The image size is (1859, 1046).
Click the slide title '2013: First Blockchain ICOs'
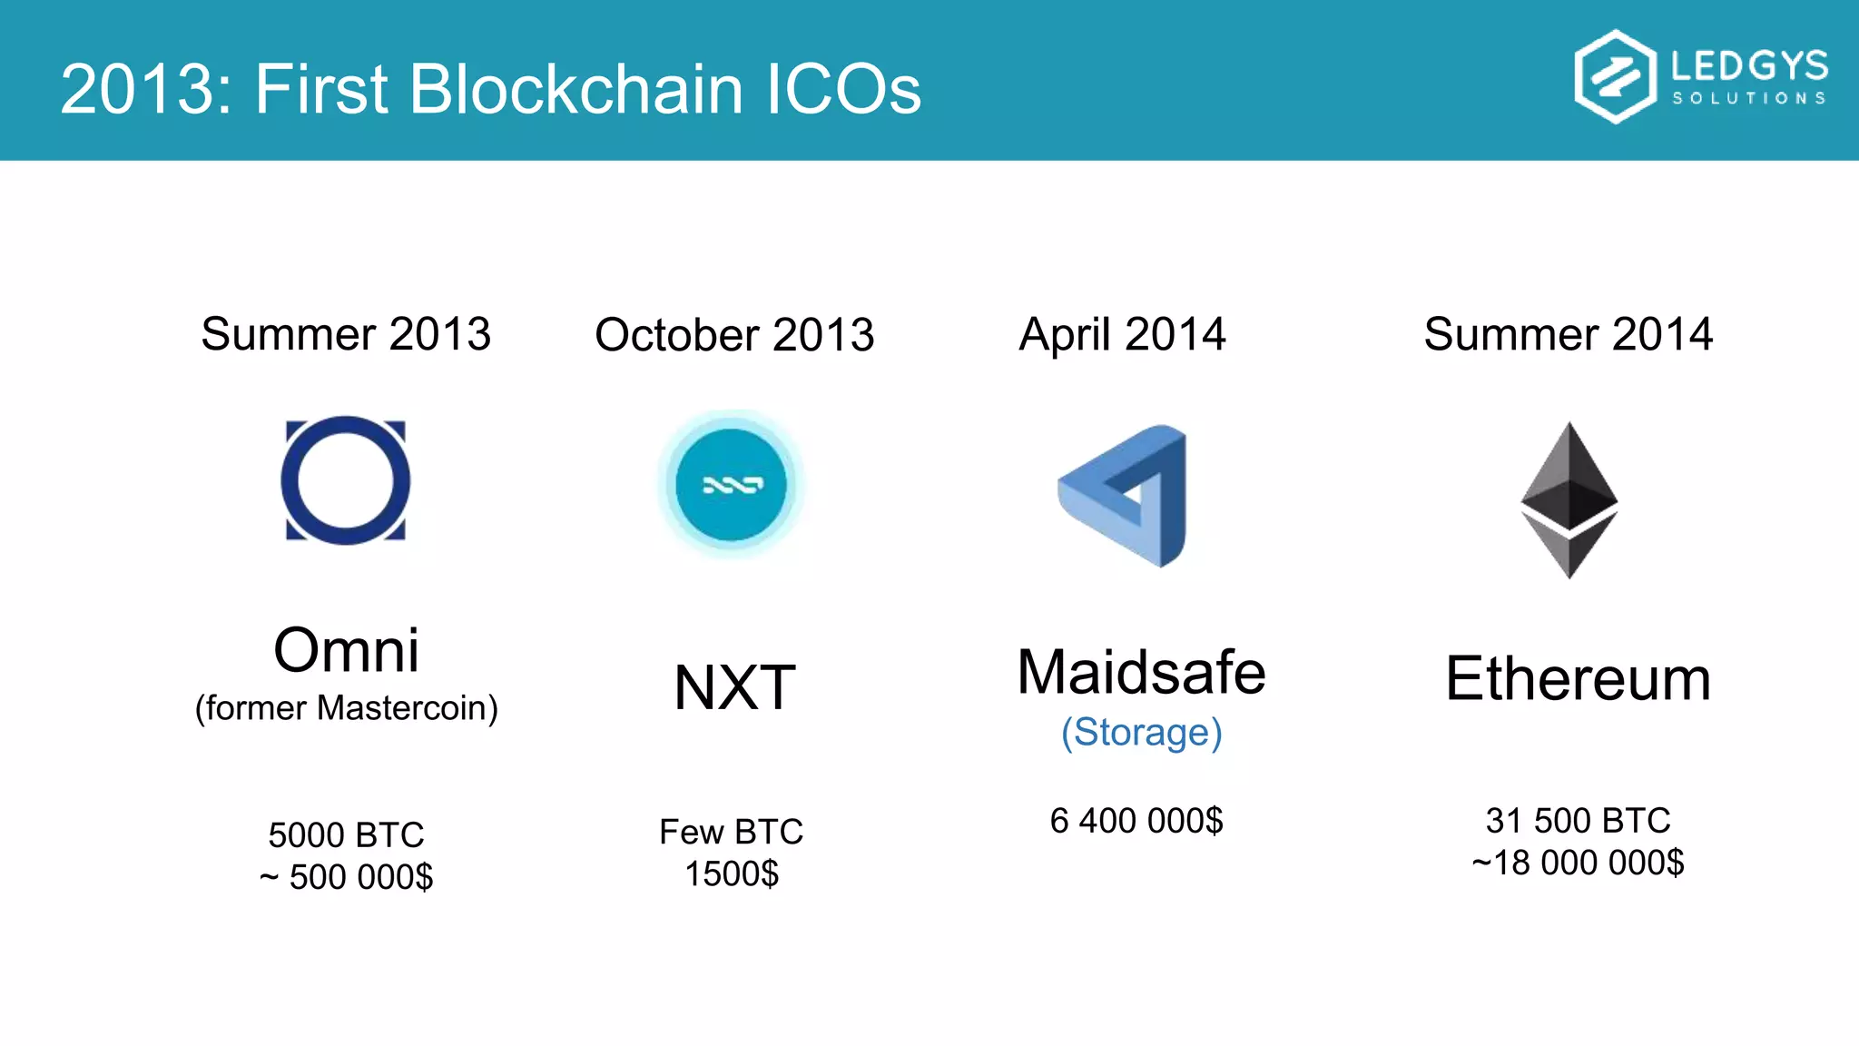tap(490, 89)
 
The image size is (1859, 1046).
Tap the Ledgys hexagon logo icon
tap(1615, 76)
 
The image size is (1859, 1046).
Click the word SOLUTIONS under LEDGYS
tap(1749, 98)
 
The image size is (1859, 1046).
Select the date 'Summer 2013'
tap(346, 334)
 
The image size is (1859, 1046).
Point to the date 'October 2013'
tap(734, 335)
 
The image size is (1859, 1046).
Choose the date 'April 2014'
tap(1123, 334)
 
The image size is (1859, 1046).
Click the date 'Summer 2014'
tap(1568, 334)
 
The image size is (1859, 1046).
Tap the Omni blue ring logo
tap(346, 480)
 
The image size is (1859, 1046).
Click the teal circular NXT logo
tap(731, 484)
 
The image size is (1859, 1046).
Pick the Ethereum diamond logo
tap(1569, 499)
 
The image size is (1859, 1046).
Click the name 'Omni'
tap(346, 650)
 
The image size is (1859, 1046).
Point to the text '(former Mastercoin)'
tap(346, 708)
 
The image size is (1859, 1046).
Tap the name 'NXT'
tap(734, 687)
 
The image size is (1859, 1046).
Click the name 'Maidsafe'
tap(1141, 673)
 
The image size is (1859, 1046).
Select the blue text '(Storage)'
tap(1141, 733)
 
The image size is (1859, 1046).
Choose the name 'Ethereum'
tap(1578, 679)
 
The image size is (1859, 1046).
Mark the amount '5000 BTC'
tap(346, 834)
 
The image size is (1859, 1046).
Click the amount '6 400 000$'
tap(1136, 821)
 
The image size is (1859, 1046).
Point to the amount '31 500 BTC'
tap(1578, 821)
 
